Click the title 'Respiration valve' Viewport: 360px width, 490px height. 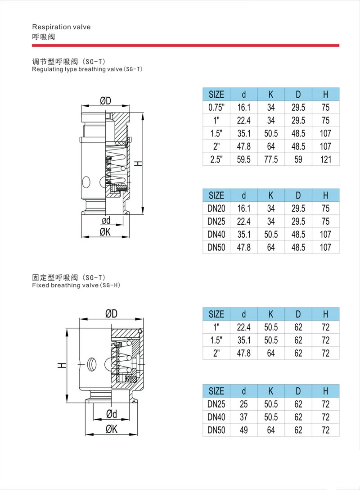coord(62,27)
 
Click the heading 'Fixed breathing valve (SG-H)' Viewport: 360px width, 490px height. coord(77,286)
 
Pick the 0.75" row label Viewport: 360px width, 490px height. coord(216,108)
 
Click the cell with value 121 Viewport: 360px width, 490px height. coord(326,159)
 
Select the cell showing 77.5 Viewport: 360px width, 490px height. coord(271,159)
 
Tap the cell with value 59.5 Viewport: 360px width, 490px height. coord(243,159)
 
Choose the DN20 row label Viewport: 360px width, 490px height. coord(216,209)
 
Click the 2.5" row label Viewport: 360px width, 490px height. coord(216,159)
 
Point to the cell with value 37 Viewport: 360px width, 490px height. coord(243,417)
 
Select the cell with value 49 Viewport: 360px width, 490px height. coord(243,430)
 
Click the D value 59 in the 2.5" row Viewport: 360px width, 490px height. coord(298,159)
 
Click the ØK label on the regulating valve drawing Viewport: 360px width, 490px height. coord(105,232)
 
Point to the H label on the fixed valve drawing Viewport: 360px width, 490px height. coord(60,366)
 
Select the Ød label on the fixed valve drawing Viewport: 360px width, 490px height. coord(111,414)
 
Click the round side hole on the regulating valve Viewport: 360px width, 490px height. coord(86,182)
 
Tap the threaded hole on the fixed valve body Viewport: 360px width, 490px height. coord(92,362)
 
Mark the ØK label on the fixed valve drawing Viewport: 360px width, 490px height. coord(111,429)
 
